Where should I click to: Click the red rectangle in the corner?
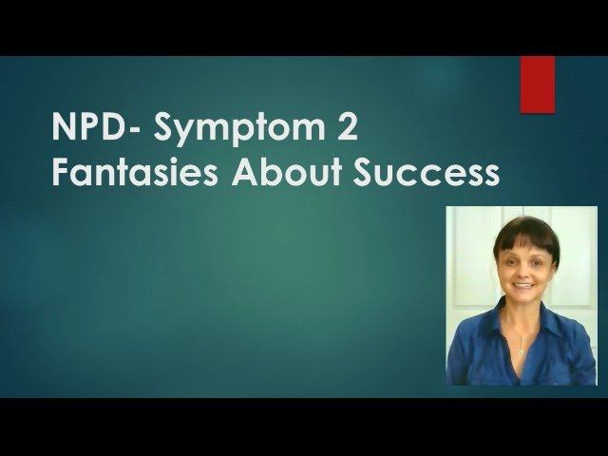(x=537, y=85)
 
